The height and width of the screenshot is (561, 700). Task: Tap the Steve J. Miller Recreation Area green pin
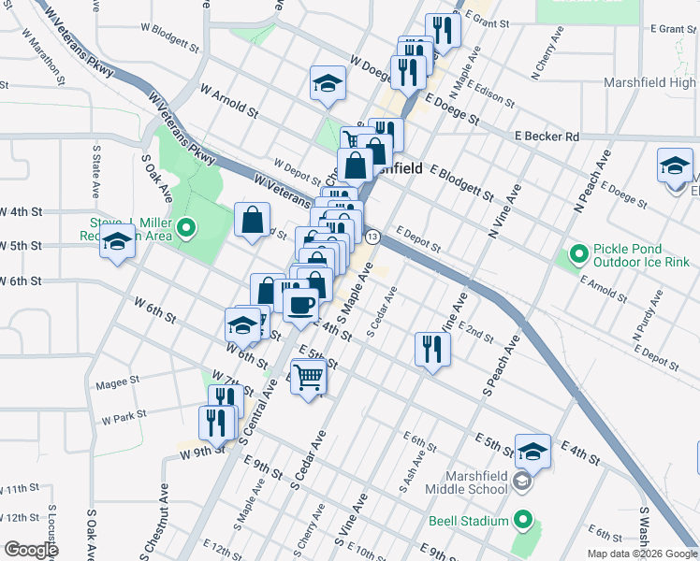point(186,227)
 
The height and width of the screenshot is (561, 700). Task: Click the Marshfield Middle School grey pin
point(522,481)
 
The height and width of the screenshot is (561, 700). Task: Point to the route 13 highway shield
point(372,237)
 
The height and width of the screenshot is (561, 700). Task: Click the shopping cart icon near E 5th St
point(308,378)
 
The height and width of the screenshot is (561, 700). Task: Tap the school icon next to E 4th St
point(532,451)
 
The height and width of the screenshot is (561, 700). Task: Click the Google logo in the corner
point(31,550)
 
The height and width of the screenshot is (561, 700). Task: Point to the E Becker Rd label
point(547,137)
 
